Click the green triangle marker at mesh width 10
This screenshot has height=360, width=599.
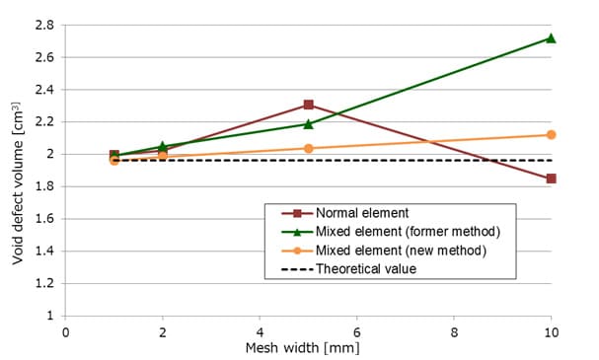click(x=551, y=38)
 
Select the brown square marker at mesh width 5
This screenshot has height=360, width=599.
click(x=309, y=105)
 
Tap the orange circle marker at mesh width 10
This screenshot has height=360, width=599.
click(x=551, y=134)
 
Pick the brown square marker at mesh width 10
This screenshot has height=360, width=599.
click(x=551, y=179)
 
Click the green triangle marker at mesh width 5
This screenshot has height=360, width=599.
click(x=309, y=123)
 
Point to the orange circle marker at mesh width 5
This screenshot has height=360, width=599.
click(x=309, y=148)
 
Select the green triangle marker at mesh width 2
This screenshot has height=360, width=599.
click(x=163, y=146)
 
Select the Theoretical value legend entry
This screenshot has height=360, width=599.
click(x=365, y=269)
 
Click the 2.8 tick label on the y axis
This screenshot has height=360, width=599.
click(x=43, y=25)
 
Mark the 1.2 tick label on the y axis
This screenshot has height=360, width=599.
click(x=43, y=284)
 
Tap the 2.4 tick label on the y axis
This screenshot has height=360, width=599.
click(x=43, y=90)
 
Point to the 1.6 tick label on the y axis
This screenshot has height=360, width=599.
click(x=43, y=219)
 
